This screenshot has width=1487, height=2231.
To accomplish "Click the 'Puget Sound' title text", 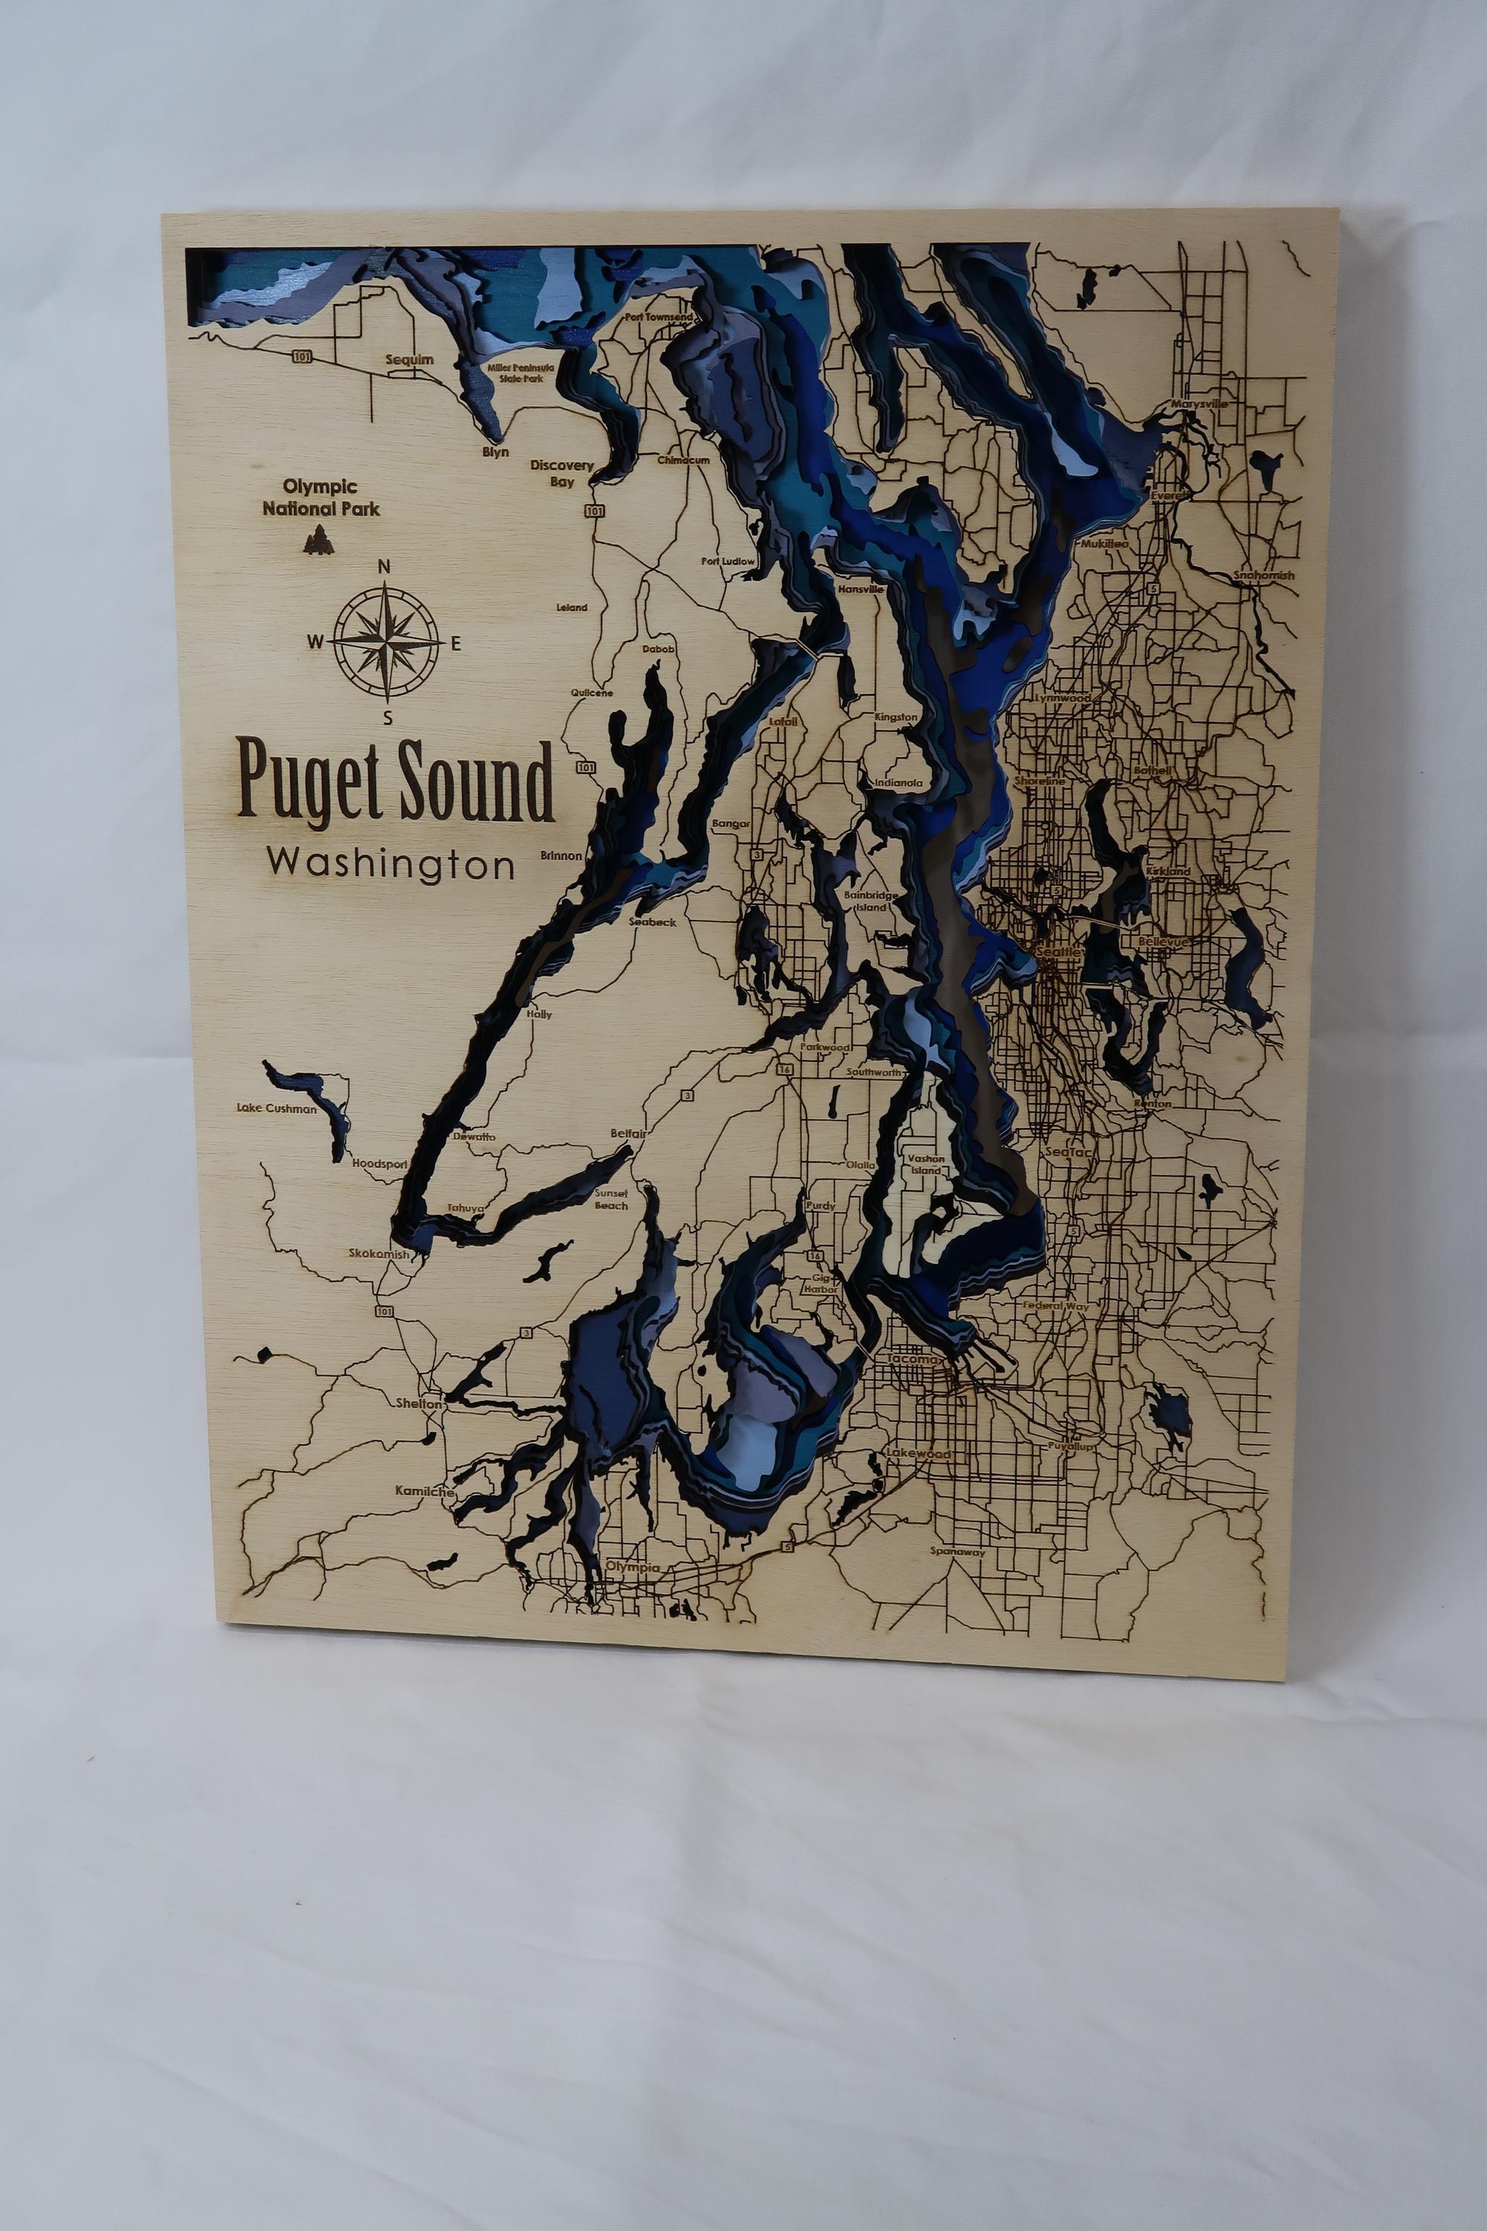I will [x=395, y=781].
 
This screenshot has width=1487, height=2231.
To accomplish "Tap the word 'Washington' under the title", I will [x=391, y=863].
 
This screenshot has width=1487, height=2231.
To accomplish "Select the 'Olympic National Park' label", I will [x=320, y=498].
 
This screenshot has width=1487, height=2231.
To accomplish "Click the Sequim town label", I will [x=409, y=359].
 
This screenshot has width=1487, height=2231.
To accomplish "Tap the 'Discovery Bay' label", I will [x=561, y=473].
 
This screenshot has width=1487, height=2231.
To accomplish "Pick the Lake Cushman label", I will [x=276, y=1108].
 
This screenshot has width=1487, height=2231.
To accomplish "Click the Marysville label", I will [x=1199, y=403].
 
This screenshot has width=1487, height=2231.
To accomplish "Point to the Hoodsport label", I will [x=379, y=1163].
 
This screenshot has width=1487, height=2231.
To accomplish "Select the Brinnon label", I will [x=561, y=854].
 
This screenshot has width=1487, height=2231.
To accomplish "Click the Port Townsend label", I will [x=659, y=316].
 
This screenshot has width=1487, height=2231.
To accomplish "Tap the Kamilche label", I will [x=424, y=1491].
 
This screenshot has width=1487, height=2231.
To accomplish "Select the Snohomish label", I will [x=1263, y=575].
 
